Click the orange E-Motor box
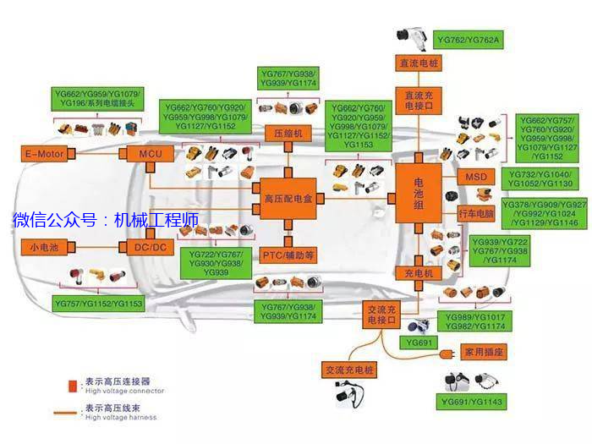pos(44,153)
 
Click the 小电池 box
pos(43,247)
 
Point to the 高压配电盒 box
pos(288,199)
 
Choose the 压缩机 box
pos(288,134)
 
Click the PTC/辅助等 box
pos(288,255)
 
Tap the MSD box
pos(472,177)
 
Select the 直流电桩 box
pos(419,63)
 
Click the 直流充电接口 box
pos(419,101)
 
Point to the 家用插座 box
pos(484,350)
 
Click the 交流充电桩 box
pos(348,370)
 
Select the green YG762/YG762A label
pos(469,40)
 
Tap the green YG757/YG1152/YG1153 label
pos(99,302)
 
